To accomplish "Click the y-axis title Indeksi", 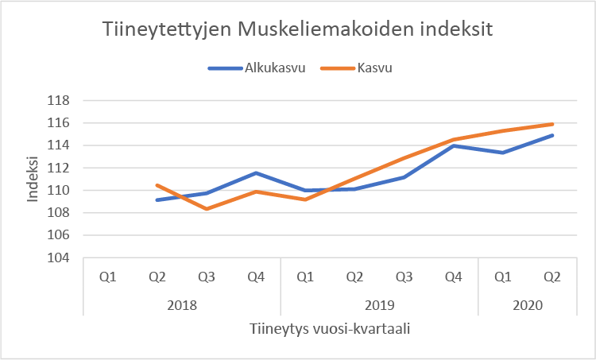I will pyautogui.click(x=33, y=180).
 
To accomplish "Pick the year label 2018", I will pyautogui.click(x=183, y=304).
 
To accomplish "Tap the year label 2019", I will pyautogui.click(x=379, y=304).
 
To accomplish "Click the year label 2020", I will pyautogui.click(x=527, y=304).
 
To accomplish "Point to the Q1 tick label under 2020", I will pyautogui.click(x=502, y=277).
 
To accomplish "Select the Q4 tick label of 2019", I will pyautogui.click(x=453, y=277).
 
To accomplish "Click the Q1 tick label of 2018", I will pyautogui.click(x=108, y=277).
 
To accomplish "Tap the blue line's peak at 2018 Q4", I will pyautogui.click(x=256, y=173).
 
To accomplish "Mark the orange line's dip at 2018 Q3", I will pyautogui.click(x=207, y=209).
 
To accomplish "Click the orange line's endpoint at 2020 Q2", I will pyautogui.click(x=552, y=124).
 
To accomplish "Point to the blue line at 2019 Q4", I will pyautogui.click(x=453, y=145).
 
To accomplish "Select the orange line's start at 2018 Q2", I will pyautogui.click(x=157, y=185).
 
